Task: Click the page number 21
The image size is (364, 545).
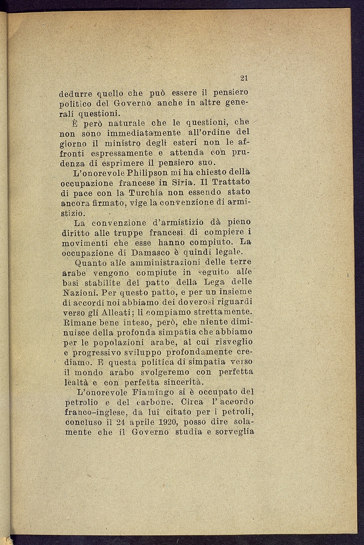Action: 244,78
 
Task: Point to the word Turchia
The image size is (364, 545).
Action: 146,192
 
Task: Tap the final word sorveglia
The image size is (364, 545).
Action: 235,432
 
